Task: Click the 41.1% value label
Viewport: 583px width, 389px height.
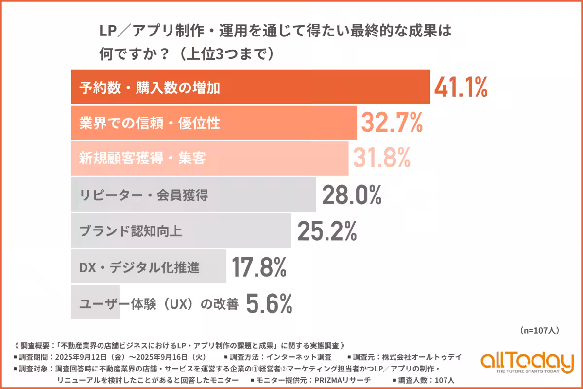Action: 460,88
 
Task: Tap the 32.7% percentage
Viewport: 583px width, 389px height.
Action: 391,123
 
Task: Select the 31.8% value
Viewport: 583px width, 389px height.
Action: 382,158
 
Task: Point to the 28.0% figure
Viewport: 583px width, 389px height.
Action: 351,195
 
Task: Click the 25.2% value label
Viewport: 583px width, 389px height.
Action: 327,230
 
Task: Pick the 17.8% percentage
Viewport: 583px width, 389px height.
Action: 258,266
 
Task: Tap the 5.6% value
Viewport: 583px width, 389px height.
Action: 269,303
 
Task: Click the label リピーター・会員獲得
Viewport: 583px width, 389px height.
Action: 144,195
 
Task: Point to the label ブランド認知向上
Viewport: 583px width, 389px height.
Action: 131,231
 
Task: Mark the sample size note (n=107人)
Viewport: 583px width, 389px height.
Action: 539,331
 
